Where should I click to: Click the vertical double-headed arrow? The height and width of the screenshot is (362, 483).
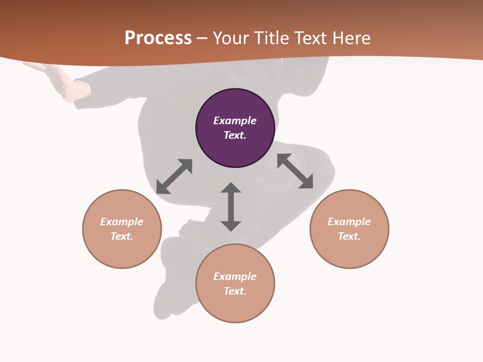(x=231, y=207)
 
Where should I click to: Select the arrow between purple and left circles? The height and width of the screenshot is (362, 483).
(x=174, y=176)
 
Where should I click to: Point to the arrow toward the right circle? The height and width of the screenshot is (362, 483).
(x=295, y=171)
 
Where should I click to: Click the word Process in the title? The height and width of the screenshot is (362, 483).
(x=158, y=38)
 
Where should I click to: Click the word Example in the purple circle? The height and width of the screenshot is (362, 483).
(x=235, y=121)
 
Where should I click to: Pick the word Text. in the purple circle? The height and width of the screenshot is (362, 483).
(x=235, y=135)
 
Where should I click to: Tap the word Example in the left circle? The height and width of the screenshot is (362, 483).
(x=122, y=222)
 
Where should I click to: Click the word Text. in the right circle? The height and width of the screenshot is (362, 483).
(x=349, y=236)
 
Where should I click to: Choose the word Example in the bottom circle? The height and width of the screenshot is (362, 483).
(x=235, y=277)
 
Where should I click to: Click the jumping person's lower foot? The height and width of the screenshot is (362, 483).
(x=166, y=302)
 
